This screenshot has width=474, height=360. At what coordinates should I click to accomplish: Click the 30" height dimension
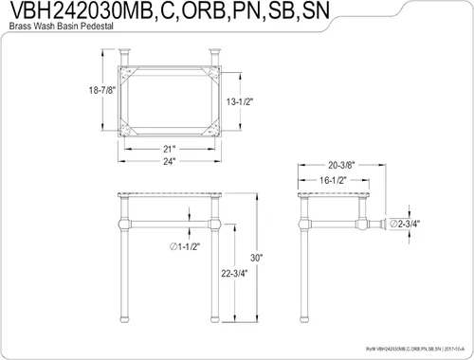pos(256,257)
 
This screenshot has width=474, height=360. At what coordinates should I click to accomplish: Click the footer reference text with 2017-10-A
pos(417,348)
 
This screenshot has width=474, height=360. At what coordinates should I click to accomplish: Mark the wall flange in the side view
pos(389,225)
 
